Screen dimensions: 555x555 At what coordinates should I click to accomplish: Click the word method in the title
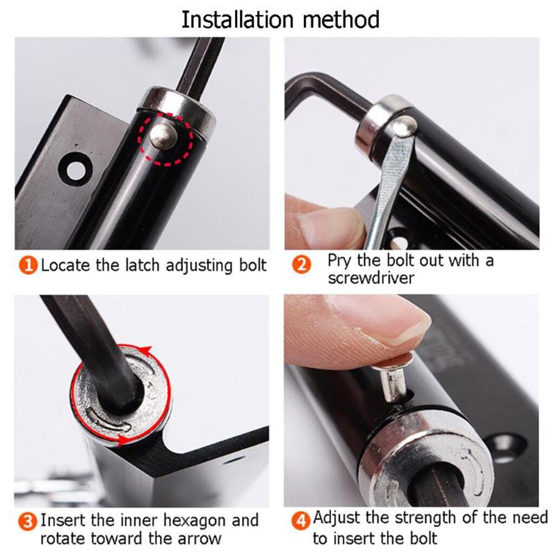point(341,20)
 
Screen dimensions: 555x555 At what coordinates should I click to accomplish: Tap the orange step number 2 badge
point(302,265)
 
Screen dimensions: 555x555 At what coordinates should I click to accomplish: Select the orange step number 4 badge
point(302,522)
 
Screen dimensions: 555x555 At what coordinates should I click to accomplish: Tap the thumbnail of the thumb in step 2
point(331,228)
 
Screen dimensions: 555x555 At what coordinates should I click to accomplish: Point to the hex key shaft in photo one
point(201,62)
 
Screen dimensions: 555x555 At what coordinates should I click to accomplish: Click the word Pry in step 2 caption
point(339,261)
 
